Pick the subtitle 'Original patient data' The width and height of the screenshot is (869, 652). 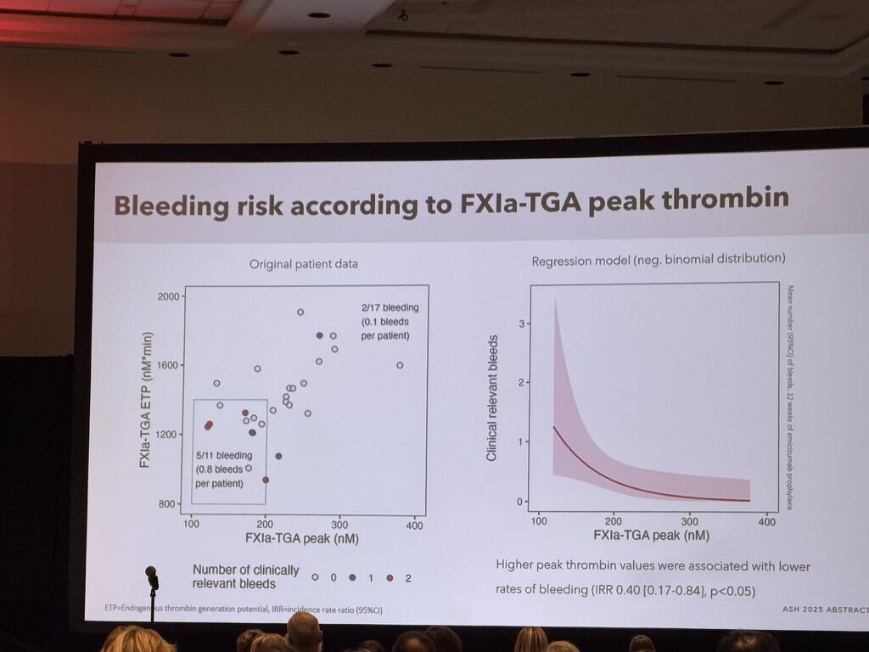point(303,264)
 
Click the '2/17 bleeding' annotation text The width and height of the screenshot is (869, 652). point(390,307)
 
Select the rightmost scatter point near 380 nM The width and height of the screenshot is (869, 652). point(400,365)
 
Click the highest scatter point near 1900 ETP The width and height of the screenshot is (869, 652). point(300,312)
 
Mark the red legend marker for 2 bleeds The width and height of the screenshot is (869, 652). point(390,577)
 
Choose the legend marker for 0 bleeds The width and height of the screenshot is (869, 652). point(315,577)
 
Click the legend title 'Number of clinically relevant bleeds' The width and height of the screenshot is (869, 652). point(234,576)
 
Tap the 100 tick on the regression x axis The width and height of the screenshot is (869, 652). point(538,520)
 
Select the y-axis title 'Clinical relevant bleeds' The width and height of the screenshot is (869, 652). point(491,398)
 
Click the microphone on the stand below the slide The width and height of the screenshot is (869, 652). point(151,576)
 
